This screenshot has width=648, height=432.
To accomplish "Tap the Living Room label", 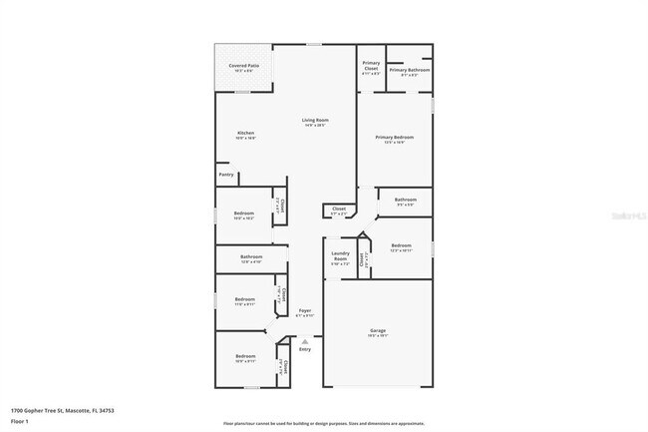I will [316, 121].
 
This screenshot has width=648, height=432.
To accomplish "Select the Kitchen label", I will [246, 134].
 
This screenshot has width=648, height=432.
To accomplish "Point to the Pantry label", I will [226, 174].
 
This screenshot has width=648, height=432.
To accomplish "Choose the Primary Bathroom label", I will [409, 70].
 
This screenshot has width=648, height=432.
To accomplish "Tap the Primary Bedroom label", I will [395, 138].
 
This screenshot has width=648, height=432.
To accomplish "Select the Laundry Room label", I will [340, 256].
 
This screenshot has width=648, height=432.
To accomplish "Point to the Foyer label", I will [305, 310].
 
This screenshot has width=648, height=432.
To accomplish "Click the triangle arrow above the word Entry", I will [305, 341].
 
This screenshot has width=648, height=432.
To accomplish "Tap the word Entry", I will [305, 349].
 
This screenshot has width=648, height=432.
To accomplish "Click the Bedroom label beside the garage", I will [401, 245].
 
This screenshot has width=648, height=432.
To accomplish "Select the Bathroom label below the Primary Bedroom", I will [405, 200].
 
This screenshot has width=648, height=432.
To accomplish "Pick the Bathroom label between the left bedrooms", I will [250, 257].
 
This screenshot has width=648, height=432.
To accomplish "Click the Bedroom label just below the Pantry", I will [244, 213].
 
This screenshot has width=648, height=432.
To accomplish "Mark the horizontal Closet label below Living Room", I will [339, 209].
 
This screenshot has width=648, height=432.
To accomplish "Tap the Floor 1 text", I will [20, 421].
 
